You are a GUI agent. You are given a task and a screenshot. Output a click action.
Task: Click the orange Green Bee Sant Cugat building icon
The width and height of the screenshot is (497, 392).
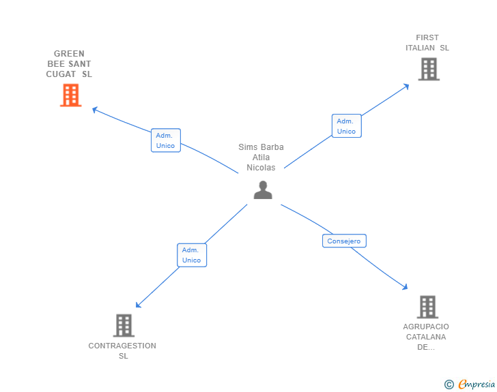pyautogui.click(x=70, y=95)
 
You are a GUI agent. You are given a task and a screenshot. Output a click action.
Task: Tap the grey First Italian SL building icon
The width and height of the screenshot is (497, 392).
pyautogui.click(x=428, y=69)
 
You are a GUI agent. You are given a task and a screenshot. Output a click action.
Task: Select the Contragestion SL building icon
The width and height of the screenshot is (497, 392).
pyautogui.click(x=124, y=325)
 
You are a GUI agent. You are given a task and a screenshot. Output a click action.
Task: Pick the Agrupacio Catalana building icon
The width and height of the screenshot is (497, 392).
pyautogui.click(x=427, y=307)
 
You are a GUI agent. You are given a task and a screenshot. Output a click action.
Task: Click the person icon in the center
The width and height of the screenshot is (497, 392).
pyautogui.click(x=263, y=190)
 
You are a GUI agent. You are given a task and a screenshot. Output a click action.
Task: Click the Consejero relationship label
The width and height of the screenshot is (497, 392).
pyautogui.click(x=344, y=241)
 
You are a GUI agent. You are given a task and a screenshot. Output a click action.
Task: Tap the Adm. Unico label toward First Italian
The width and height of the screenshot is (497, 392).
pyautogui.click(x=346, y=126)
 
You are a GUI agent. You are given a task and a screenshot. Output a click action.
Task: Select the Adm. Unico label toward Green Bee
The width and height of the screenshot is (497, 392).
pyautogui.click(x=165, y=140)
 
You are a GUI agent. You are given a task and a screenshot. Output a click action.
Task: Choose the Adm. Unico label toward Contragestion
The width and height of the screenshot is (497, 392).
pyautogui.click(x=191, y=255)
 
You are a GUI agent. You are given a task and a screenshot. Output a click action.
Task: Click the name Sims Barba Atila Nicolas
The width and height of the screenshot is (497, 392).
pyautogui.click(x=261, y=157)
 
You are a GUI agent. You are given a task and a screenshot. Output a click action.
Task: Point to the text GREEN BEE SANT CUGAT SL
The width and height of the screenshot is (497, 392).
pyautogui.click(x=69, y=64)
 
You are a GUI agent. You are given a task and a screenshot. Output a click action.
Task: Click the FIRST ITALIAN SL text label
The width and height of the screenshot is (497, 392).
pyautogui.click(x=427, y=43)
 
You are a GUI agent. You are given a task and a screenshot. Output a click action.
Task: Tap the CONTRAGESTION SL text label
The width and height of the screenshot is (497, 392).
pyautogui.click(x=123, y=350)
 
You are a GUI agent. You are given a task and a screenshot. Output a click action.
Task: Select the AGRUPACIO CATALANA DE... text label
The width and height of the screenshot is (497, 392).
pyautogui.click(x=426, y=337)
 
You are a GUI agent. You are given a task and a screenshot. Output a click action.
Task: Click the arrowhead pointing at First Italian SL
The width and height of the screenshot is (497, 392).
pyautogui.click(x=406, y=85)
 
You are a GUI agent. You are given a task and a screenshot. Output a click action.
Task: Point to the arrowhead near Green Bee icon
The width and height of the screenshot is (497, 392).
pyautogui.click(x=95, y=108)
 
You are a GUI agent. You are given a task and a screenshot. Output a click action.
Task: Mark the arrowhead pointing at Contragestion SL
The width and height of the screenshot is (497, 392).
pyautogui.click(x=138, y=305)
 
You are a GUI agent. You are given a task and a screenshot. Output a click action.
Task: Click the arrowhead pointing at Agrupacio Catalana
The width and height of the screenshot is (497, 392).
pyautogui.click(x=405, y=288)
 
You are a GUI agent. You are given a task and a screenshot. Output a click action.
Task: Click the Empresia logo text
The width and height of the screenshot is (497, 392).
pyautogui.click(x=477, y=385)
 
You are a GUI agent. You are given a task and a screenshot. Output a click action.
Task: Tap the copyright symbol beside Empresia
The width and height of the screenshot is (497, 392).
pyautogui.click(x=449, y=385)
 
